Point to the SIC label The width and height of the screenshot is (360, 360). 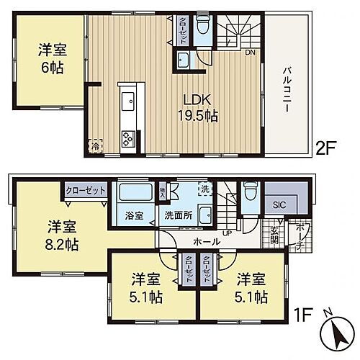point(279,204)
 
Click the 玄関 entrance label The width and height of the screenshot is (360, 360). point(274,235)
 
